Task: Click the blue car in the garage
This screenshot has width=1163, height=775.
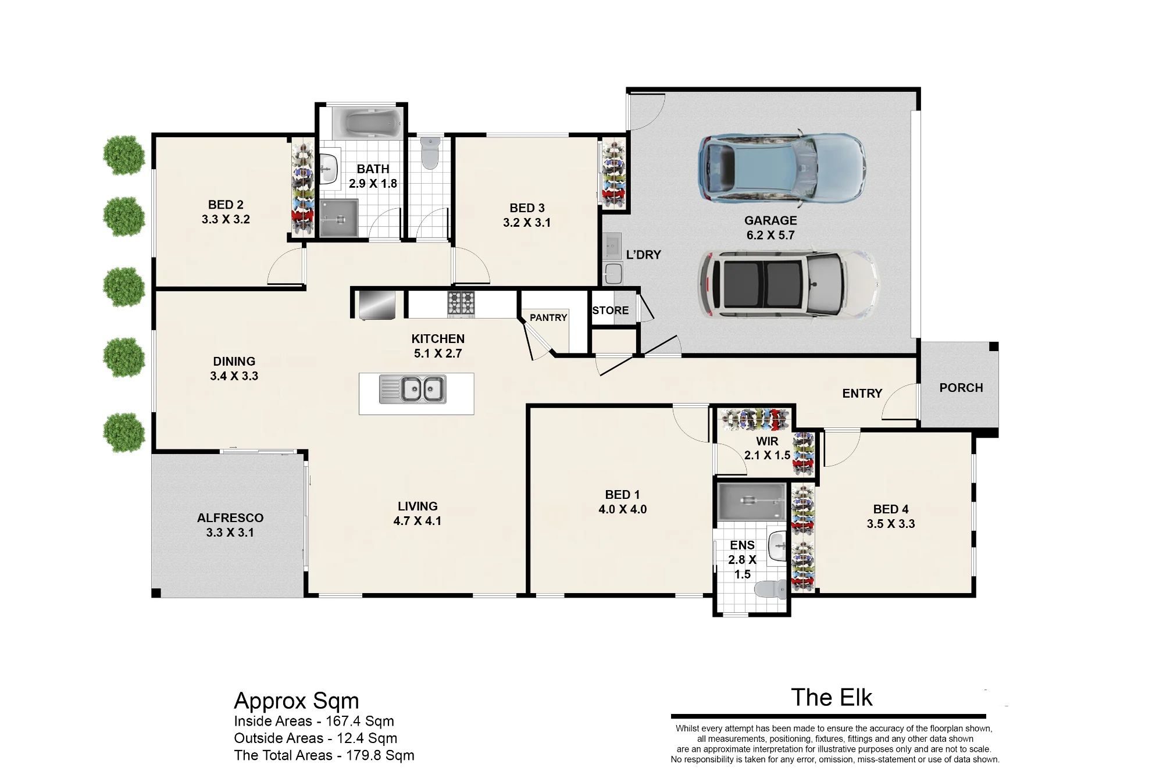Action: (x=782, y=168)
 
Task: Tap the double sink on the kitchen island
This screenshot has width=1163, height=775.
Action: (x=413, y=389)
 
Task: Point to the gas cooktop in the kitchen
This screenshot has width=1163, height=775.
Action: (x=461, y=304)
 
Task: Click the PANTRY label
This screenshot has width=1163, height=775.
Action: (x=548, y=317)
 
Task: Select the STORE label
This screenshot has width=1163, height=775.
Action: (x=611, y=310)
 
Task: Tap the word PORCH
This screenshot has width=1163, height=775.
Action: (x=961, y=388)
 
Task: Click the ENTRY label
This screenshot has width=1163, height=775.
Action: (x=862, y=394)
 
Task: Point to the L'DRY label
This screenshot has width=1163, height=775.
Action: (x=644, y=255)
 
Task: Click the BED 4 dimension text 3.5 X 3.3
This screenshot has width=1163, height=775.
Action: (x=891, y=524)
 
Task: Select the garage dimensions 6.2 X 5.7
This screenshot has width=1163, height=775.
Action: (x=770, y=235)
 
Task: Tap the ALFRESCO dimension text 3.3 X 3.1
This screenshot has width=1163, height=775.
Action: (x=230, y=533)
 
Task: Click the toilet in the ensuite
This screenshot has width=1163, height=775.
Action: (x=770, y=590)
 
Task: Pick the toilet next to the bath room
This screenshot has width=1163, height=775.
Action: (x=430, y=152)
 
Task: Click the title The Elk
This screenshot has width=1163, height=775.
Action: (x=832, y=698)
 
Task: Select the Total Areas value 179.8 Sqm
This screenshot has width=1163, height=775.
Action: (x=380, y=755)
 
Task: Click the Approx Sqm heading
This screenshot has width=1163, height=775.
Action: (x=297, y=702)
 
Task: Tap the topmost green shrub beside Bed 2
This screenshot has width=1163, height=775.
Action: (x=124, y=155)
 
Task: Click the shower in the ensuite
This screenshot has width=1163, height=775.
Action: (x=751, y=501)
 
